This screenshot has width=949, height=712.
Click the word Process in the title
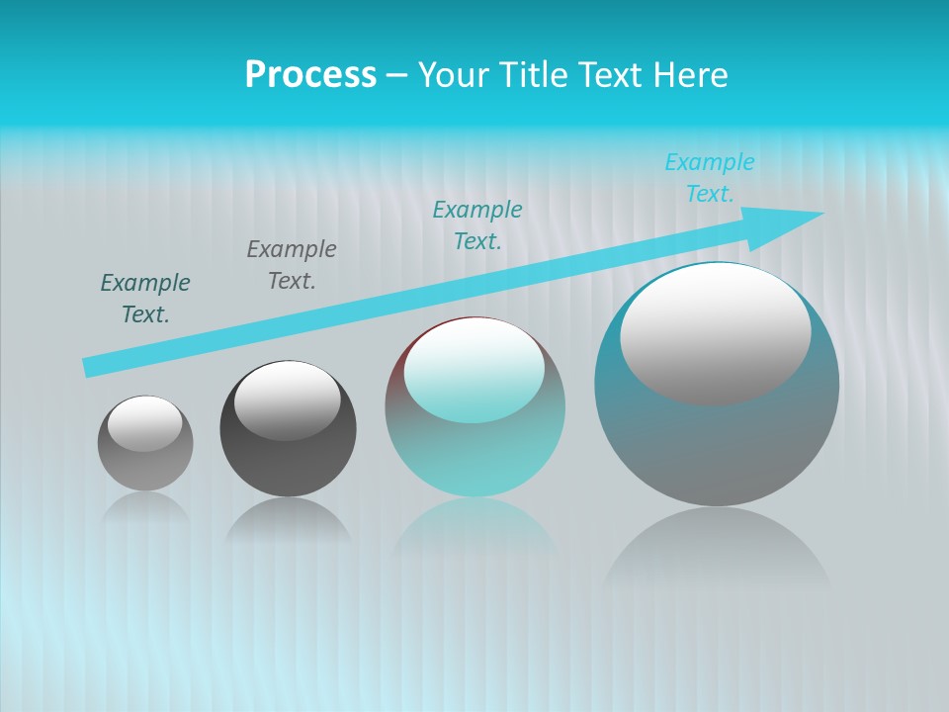(310, 75)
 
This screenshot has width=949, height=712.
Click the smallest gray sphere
(145, 465)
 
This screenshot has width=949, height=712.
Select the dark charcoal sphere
(288, 465)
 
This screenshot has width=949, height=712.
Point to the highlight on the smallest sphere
(145, 424)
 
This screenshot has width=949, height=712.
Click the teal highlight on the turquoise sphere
(474, 371)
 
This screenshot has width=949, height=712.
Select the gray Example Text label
(291, 265)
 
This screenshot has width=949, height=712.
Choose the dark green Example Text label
(144, 299)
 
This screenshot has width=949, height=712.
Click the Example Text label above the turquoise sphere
(477, 225)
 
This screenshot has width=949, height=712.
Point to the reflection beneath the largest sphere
(717, 549)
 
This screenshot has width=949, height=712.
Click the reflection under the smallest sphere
(145, 508)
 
